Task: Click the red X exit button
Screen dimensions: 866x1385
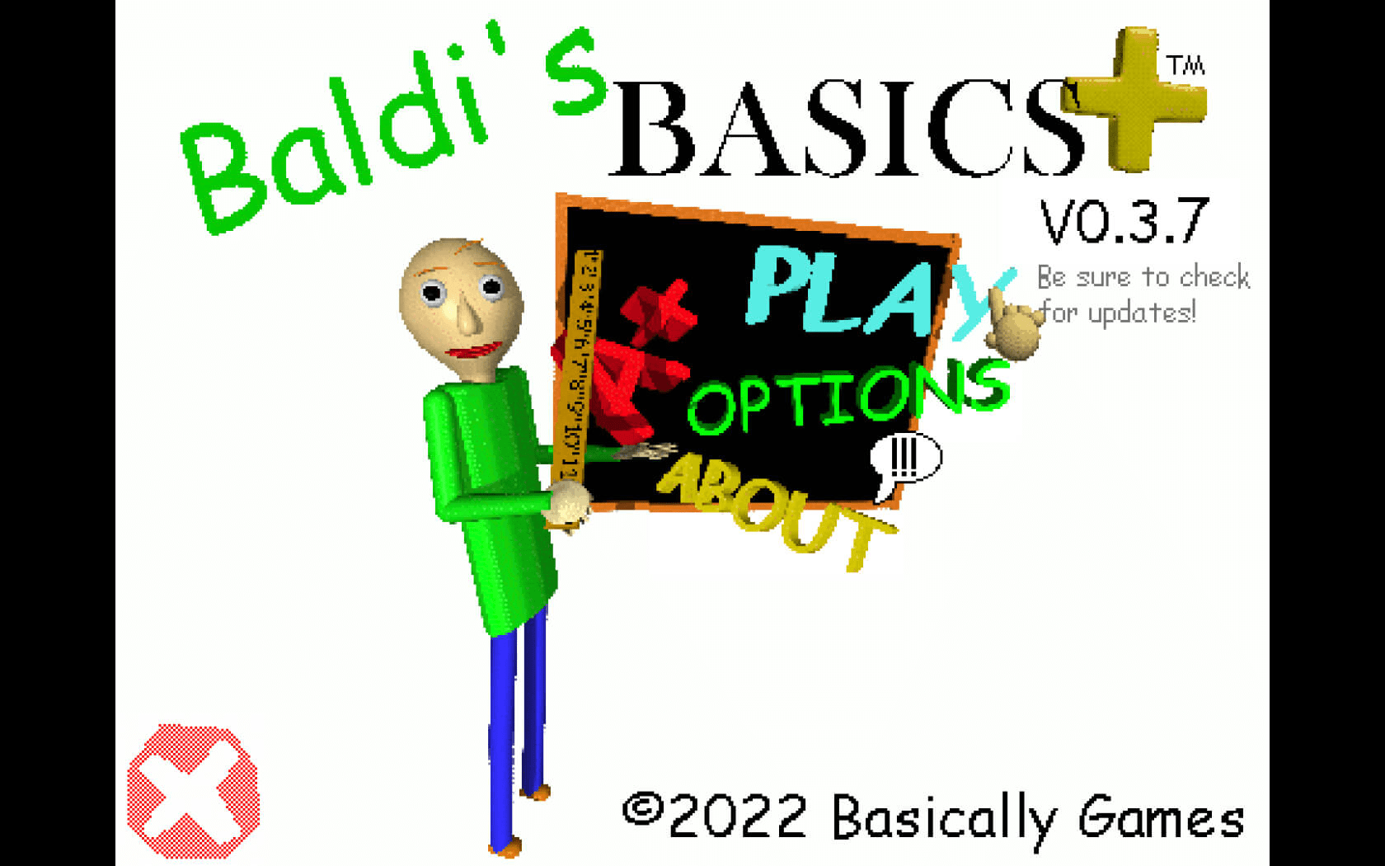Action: (193, 792)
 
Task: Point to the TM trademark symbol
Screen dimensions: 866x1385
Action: (1185, 65)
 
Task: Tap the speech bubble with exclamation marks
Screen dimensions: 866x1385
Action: (905, 459)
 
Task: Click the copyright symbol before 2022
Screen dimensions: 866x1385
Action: (642, 809)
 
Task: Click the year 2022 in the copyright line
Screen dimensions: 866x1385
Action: (738, 817)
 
